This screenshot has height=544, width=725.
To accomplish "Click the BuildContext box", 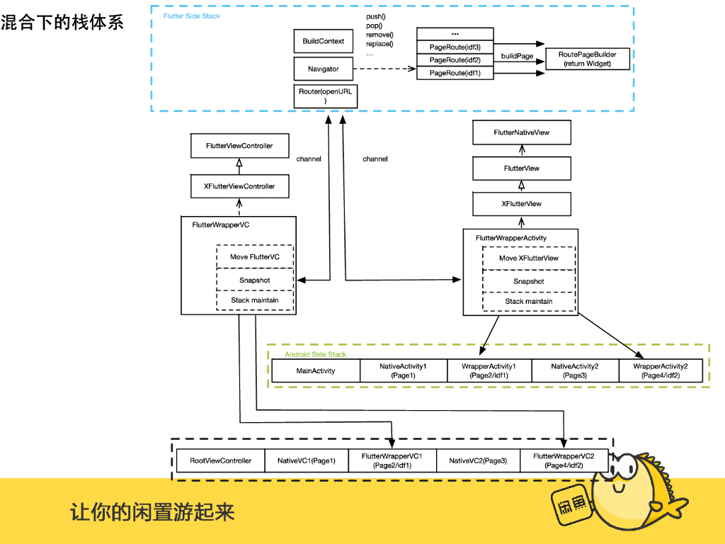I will pos(324,41).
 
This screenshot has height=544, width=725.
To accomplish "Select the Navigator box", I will pos(324,69).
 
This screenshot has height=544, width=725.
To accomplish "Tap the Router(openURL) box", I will pos(325,96).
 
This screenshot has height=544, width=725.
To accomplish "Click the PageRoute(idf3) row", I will pos(455,47).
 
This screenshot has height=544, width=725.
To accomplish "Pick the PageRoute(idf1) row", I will pos(455,73).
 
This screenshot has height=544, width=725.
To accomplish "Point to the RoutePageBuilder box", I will pos(587,59).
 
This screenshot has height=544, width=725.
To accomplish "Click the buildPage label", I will pos(518,56).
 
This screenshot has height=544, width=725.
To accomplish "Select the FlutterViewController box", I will pos(239,146).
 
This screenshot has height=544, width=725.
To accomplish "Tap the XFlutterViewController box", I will pos(239,186).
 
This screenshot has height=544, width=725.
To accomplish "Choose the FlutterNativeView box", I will pos(521,132).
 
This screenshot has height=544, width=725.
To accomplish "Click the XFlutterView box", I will pos(521,204).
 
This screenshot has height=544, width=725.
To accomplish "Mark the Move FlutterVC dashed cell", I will pos(255,256).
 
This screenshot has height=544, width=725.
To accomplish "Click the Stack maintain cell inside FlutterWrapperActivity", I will pos(529,301).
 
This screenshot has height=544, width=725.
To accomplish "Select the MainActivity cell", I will pos(316,370).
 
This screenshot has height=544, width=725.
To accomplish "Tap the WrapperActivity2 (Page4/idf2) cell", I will pos(660,370).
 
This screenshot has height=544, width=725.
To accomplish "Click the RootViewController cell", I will pos(220,460).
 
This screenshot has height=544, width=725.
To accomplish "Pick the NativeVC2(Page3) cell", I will pos(478,460).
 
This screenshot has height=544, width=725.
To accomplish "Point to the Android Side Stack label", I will pos(315,354).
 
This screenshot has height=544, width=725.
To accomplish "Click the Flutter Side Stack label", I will pos(192,16).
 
